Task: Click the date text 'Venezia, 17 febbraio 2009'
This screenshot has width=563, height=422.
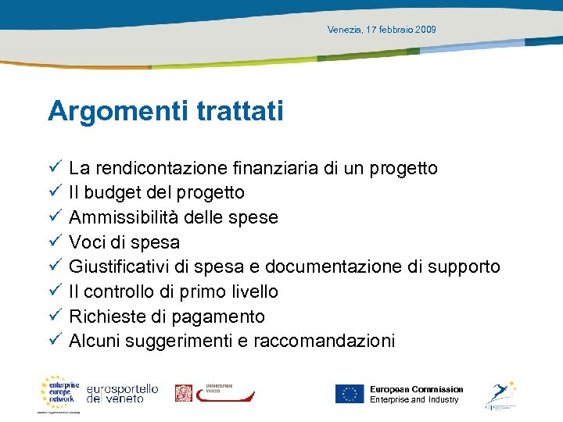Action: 382,30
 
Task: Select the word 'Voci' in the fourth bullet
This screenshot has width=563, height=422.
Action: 84,242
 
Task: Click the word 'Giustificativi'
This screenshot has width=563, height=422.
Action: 120,267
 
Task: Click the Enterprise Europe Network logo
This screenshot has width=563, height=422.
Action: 60,392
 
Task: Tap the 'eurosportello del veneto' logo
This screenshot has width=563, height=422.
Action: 123,393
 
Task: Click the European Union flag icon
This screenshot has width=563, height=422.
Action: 350,394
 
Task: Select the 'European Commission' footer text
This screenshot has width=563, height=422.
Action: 416,389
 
